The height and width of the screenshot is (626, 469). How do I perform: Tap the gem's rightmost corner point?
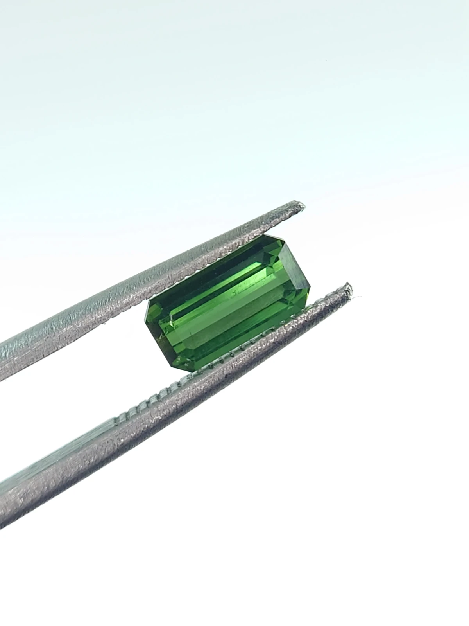click(310, 290)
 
